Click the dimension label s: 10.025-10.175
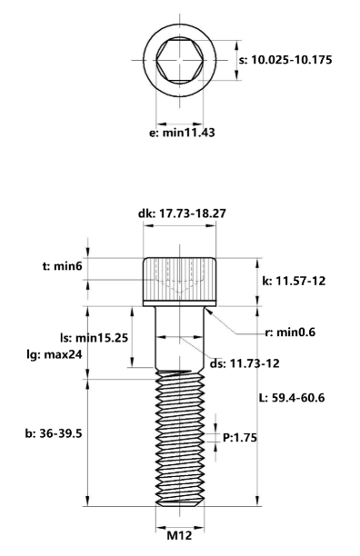tap(291, 60)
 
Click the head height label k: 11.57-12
tap(293, 282)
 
